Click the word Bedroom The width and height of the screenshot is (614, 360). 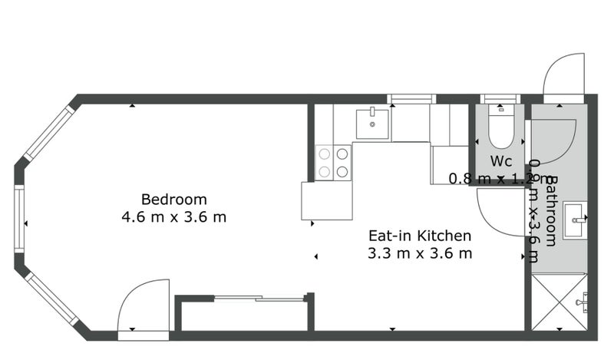click(x=174, y=200)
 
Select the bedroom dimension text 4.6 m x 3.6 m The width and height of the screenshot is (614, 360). click(x=174, y=216)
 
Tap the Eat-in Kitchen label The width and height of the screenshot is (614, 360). click(x=420, y=236)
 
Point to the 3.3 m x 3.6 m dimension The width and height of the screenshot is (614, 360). click(x=420, y=253)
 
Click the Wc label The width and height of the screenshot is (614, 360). click(x=501, y=162)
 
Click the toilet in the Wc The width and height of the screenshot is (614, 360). click(x=500, y=128)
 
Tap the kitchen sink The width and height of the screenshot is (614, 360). click(x=373, y=123)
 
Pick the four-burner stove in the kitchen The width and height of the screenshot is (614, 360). click(x=333, y=162)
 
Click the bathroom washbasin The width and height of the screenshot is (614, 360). click(x=576, y=221)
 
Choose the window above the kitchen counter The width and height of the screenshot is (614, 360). click(x=411, y=99)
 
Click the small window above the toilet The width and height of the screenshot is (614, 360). click(x=500, y=99)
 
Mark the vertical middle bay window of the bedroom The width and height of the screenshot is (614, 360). click(x=19, y=223)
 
